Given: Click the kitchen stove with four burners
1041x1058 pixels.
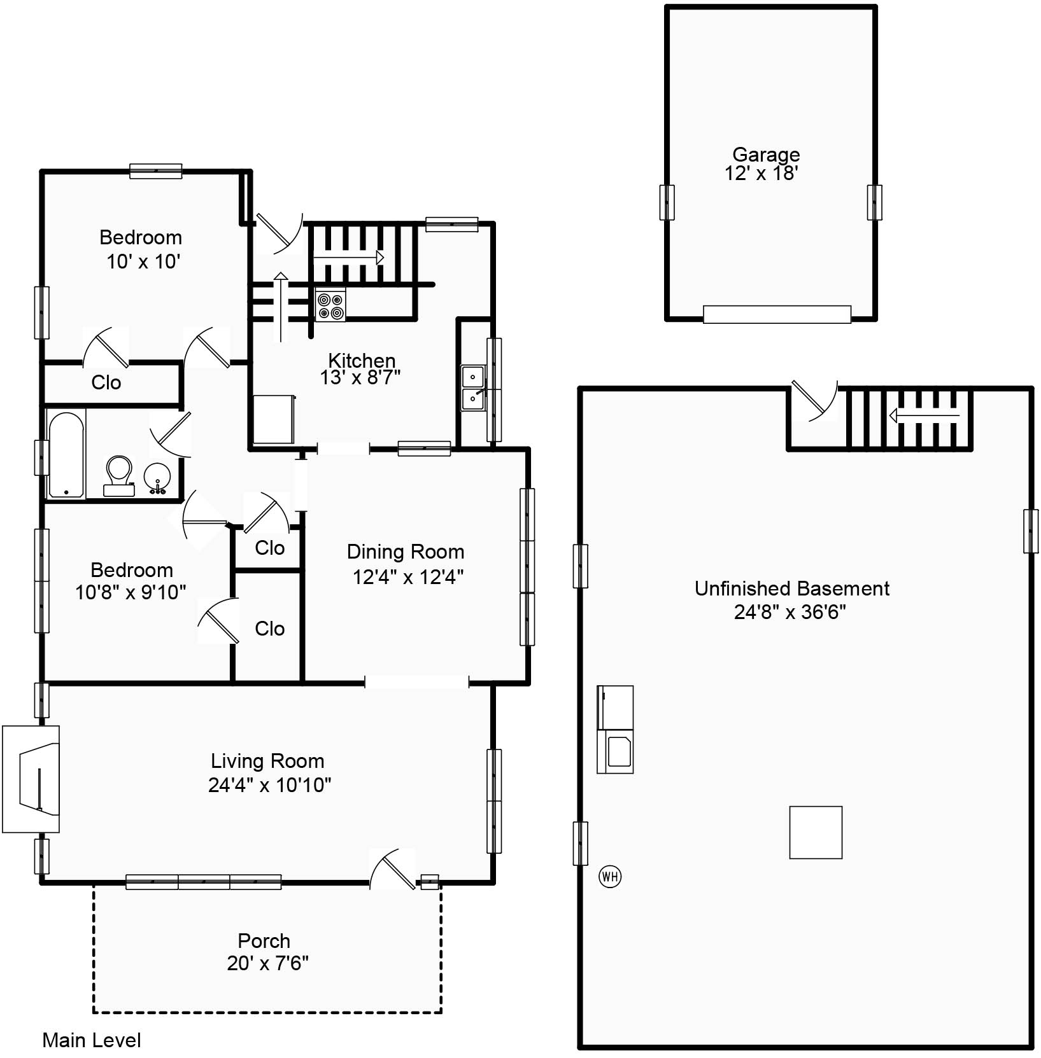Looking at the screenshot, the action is click(330, 305).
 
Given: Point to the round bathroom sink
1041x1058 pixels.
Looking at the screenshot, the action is click(156, 478).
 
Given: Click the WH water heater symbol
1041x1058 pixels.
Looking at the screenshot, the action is click(610, 877).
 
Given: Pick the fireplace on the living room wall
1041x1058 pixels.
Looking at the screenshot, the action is click(31, 779).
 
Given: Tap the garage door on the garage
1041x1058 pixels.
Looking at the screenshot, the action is click(777, 314).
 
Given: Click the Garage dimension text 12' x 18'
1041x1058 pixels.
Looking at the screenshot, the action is click(761, 174).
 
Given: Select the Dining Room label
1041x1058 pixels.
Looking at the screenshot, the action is click(406, 552).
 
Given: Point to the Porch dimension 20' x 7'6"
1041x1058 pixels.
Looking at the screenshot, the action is click(267, 963).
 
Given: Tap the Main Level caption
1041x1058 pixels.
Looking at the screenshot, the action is click(92, 1040).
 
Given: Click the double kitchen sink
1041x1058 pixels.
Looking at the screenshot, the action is click(472, 388).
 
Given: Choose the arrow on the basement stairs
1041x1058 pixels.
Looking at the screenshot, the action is click(924, 416).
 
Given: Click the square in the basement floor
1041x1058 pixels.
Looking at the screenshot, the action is click(816, 832).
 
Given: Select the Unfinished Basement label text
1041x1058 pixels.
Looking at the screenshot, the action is click(792, 588).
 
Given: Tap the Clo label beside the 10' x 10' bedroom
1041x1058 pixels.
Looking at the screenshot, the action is click(106, 382).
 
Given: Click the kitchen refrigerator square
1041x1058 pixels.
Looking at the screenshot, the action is click(274, 419).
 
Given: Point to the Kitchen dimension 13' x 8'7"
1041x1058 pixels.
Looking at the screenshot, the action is click(360, 378).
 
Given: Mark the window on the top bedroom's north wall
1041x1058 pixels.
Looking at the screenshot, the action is click(156, 171).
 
